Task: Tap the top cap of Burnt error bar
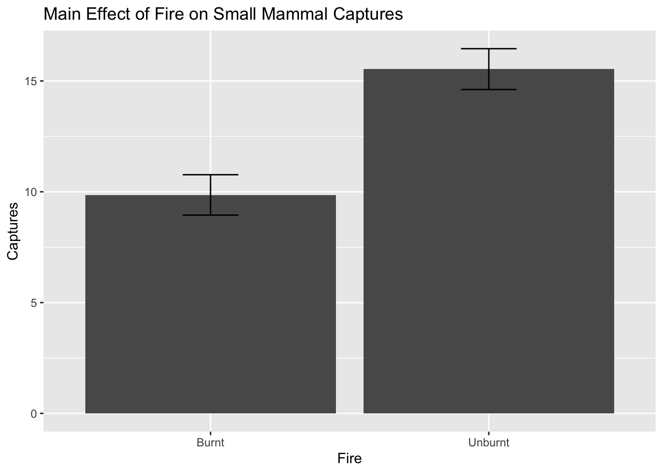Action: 211,175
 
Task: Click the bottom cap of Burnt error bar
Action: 211,215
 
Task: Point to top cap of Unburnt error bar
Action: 488,49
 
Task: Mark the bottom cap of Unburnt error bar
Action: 488,90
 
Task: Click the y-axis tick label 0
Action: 34,413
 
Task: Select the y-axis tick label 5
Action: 34,303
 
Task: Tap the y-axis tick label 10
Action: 31,192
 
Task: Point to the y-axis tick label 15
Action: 31,81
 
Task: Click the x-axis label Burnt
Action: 211,442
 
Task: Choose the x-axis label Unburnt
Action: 488,442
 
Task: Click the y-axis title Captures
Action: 13,231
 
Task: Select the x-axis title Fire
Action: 349,459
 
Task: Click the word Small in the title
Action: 234,14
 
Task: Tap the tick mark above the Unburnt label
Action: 488,422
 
